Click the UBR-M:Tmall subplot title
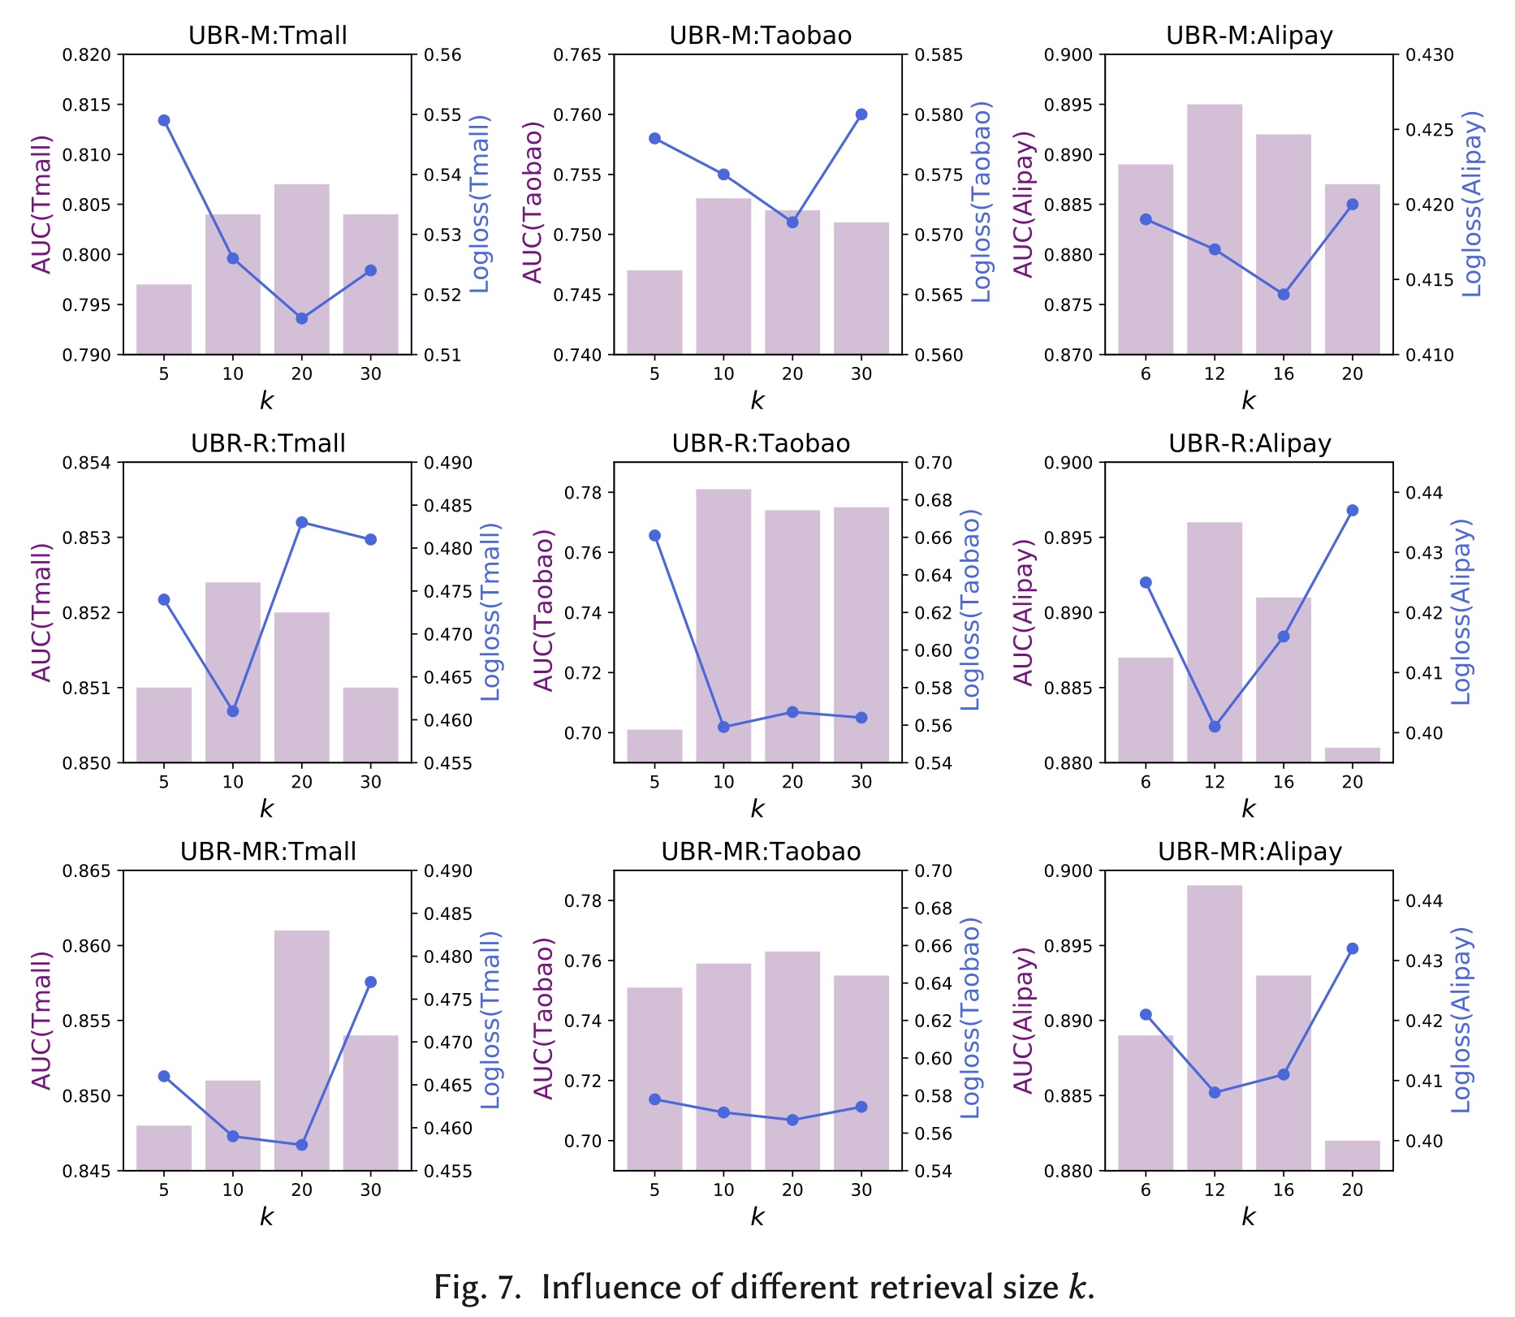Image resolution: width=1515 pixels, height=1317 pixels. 268,36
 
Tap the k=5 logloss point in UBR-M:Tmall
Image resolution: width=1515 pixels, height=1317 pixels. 164,120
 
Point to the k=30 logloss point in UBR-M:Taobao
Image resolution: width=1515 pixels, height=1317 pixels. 861,114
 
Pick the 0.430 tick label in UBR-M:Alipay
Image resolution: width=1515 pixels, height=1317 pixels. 1430,55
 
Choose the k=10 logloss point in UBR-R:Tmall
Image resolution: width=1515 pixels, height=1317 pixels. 233,711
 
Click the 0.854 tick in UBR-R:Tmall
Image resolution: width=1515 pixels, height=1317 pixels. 87,463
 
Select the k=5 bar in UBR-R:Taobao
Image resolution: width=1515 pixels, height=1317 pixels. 654,745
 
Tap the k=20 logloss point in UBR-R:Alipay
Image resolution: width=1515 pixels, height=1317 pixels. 1353,511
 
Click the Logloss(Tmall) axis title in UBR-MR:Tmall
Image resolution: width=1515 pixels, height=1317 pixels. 490,1020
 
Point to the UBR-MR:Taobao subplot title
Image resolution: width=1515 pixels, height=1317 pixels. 761,851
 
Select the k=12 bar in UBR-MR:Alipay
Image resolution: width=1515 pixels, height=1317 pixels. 1215,1028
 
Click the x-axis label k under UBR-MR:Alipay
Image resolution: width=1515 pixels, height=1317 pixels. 1249,1216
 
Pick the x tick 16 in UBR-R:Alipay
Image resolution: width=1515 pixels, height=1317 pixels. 1284,782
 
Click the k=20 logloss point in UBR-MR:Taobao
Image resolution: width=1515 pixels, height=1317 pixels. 792,1121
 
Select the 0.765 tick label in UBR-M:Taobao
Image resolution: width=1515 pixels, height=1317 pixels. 578,55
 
